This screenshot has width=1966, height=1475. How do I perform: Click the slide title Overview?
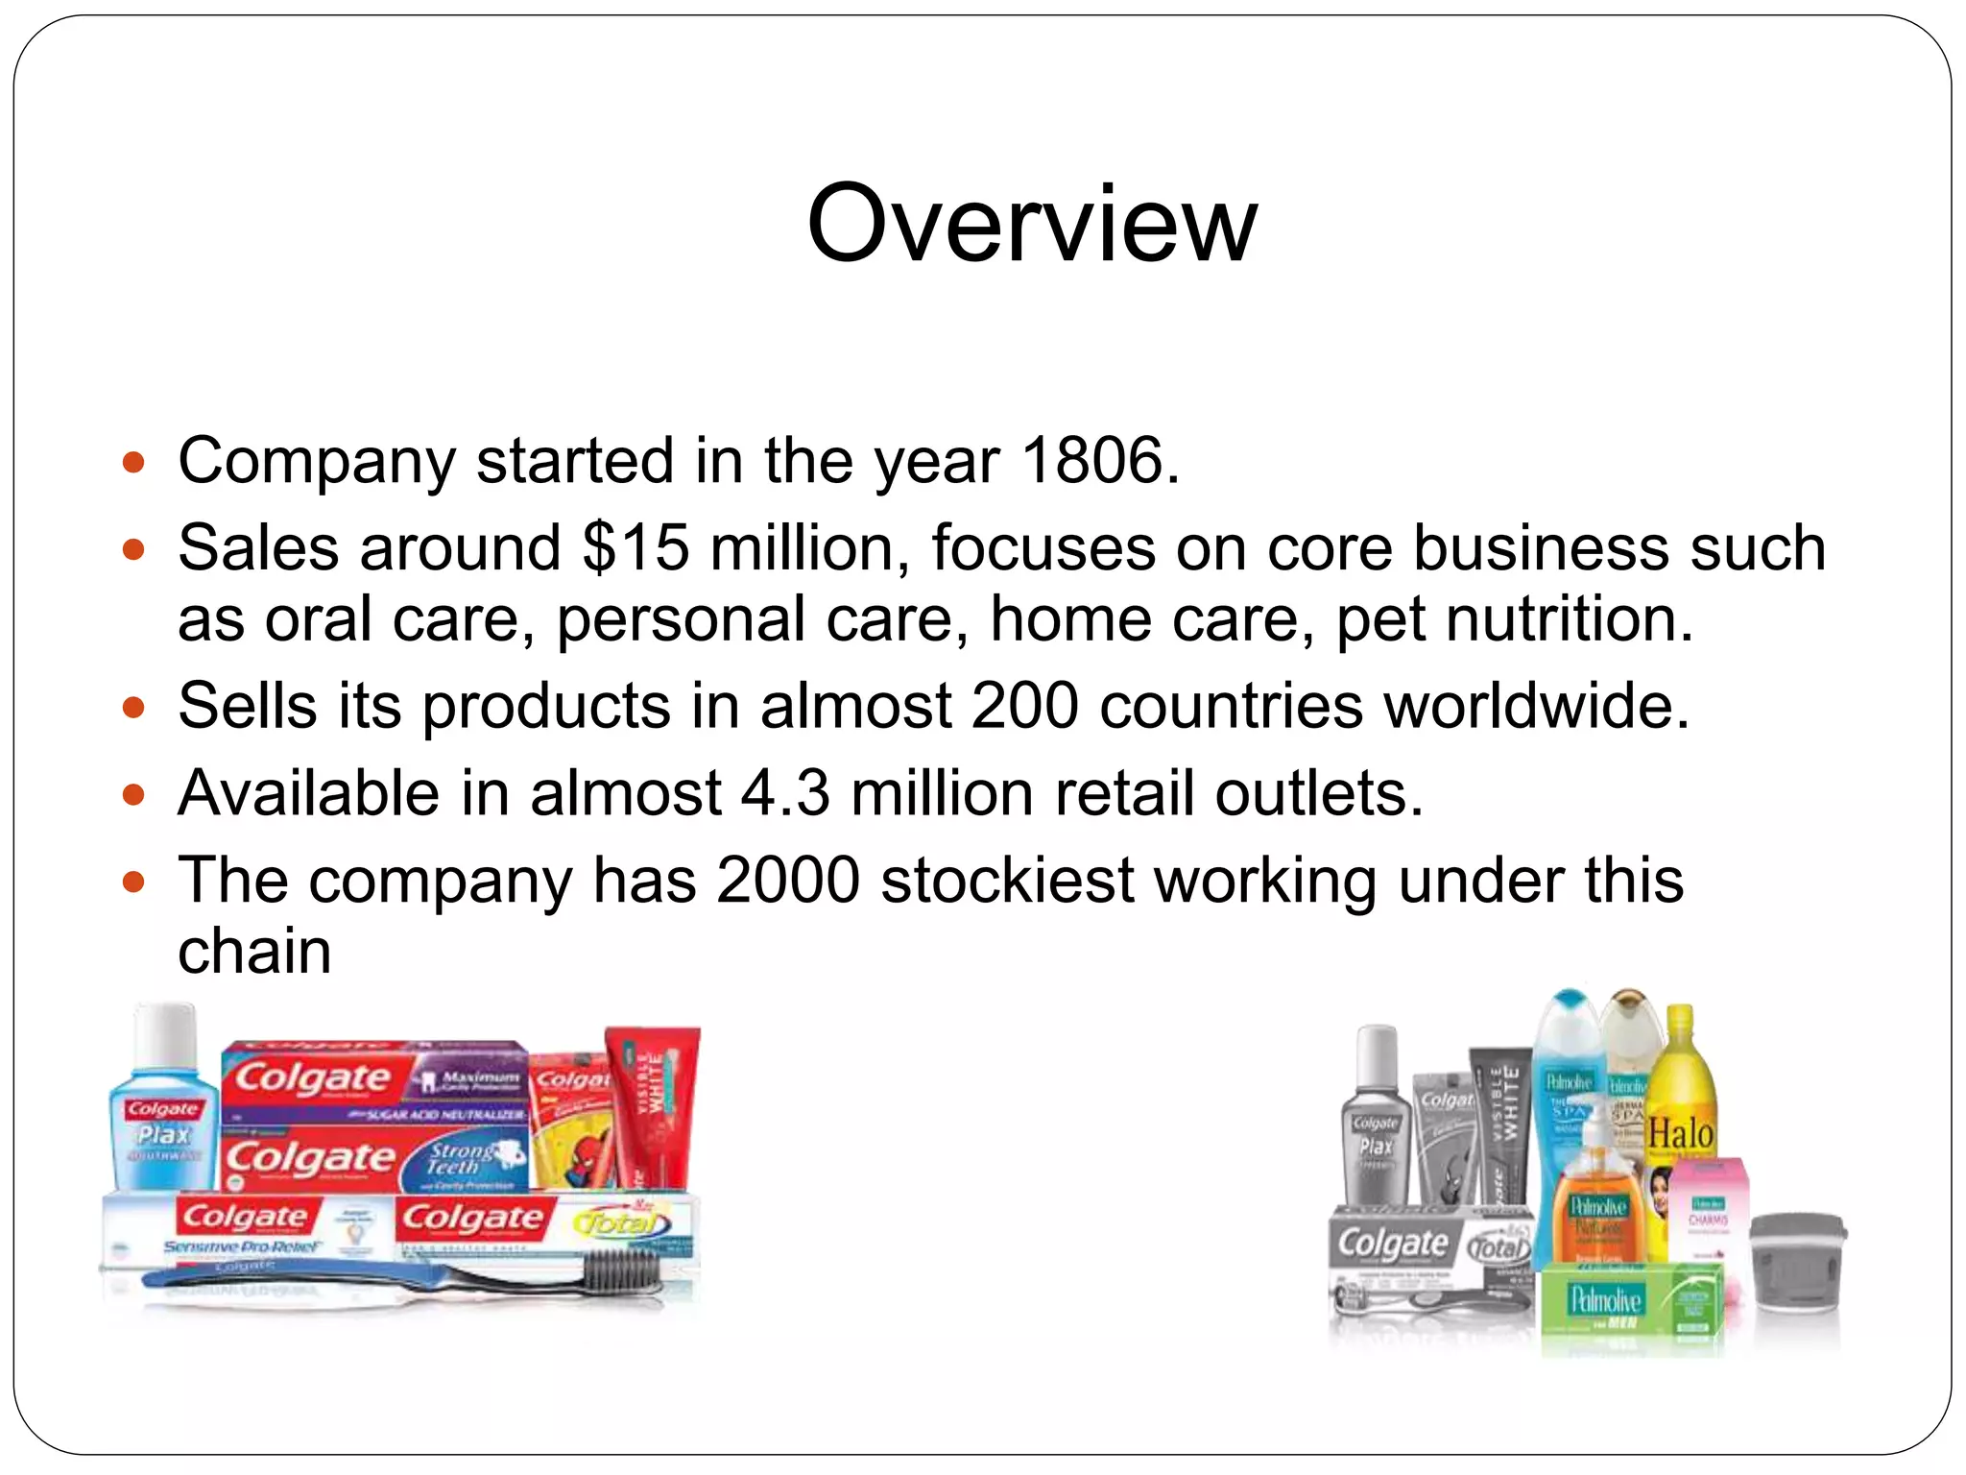pos(1031,225)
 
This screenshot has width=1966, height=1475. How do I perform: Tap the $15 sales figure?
pos(635,548)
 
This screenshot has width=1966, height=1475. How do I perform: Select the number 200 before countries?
pos(1024,706)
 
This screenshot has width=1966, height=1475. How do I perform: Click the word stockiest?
pos(1008,881)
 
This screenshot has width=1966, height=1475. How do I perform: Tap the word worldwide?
pos(1535,706)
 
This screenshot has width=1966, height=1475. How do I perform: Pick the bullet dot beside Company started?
pos(133,463)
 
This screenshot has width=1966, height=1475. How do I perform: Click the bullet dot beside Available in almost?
pos(133,795)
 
